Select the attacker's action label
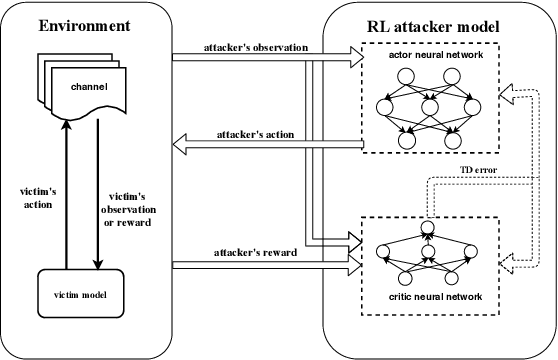(x=254, y=135)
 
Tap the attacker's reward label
(x=252, y=255)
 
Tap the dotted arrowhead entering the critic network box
(x=508, y=262)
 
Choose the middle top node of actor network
(x=432, y=102)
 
